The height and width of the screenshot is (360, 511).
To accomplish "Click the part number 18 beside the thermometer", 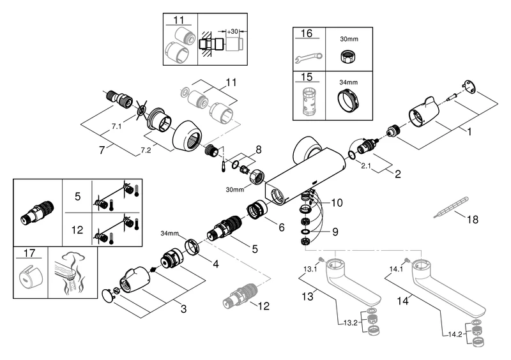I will [472, 220].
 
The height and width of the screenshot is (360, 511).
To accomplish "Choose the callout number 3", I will [183, 310].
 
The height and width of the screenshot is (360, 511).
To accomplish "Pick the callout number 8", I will [257, 151].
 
